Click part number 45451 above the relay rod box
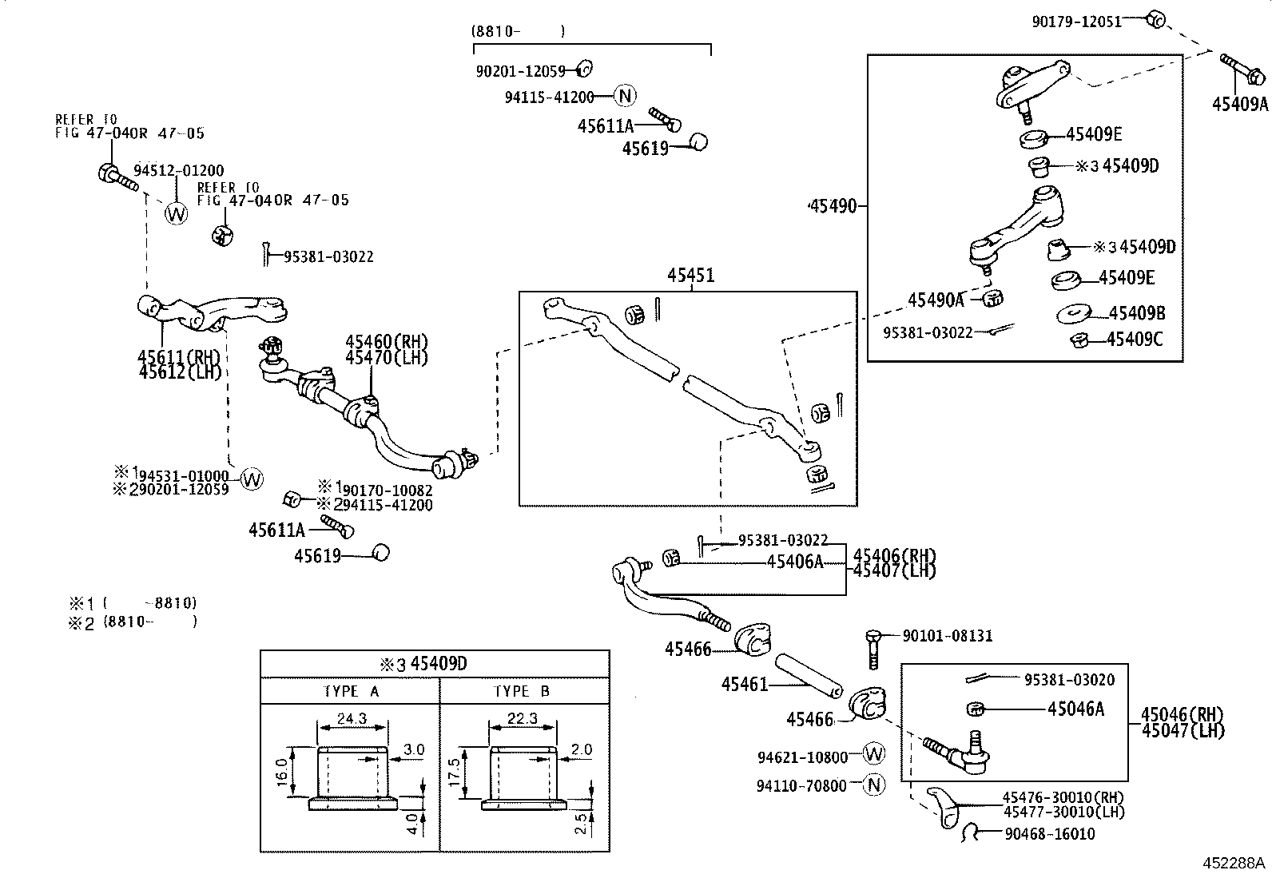coord(691,276)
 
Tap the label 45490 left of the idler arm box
coord(833,206)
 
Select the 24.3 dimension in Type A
coord(352,718)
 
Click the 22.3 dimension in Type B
coord(523,718)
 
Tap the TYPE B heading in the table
coord(522,691)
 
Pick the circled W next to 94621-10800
coord(875,753)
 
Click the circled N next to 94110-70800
coord(875,785)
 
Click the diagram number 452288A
coord(1234,864)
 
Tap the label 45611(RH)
coord(178,357)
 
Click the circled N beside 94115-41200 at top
coord(625,97)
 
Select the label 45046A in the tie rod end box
coord(1075,708)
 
